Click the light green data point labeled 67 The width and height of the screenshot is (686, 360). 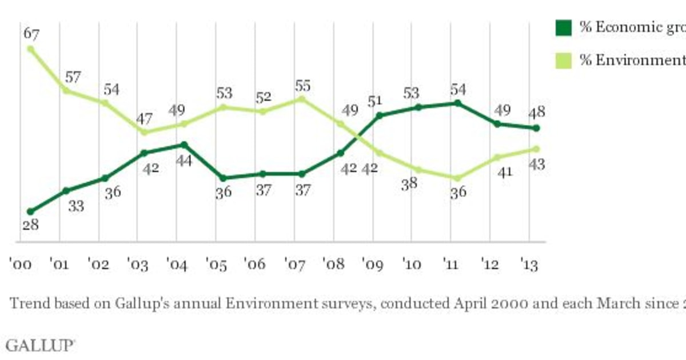click(30, 49)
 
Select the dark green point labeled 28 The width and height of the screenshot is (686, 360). click(30, 211)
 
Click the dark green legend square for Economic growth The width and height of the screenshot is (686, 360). click(564, 27)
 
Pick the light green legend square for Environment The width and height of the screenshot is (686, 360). click(564, 60)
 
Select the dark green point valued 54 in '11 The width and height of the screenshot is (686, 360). click(457, 103)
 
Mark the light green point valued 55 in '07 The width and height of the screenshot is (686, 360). click(301, 99)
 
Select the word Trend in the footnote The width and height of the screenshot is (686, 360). click(26, 303)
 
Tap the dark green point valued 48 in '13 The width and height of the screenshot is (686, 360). click(536, 128)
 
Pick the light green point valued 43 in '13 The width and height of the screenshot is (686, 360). click(536, 149)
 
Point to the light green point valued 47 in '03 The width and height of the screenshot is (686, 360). click(144, 132)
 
